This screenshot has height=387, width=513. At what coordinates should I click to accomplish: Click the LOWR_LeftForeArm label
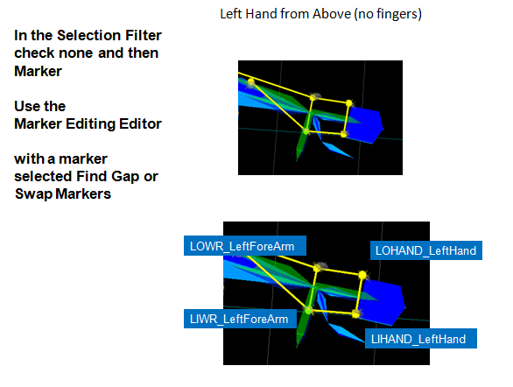point(245,246)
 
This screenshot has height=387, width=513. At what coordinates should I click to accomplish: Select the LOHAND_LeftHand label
point(426,250)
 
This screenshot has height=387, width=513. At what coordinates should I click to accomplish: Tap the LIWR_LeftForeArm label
point(240,319)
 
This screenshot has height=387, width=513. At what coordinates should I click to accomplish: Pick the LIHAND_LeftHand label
point(421,339)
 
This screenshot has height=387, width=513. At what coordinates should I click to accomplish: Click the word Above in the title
point(332,14)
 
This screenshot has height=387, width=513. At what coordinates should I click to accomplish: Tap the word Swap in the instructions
point(33,194)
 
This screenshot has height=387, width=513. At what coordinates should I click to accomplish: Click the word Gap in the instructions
point(125,177)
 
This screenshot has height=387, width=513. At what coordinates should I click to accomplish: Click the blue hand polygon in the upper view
point(365,124)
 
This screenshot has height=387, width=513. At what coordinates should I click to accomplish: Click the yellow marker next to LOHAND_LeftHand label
point(362,275)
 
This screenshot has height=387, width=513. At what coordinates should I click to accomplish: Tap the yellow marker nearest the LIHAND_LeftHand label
point(355,314)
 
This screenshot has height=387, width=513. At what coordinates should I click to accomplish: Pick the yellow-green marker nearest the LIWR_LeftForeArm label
point(308,309)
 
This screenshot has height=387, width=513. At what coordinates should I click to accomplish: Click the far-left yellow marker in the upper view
point(251,81)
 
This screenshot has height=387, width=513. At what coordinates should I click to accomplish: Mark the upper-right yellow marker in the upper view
point(349,103)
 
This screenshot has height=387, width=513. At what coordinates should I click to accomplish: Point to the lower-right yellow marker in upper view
point(343,134)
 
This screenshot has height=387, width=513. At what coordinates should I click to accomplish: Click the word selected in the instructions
point(43,177)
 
